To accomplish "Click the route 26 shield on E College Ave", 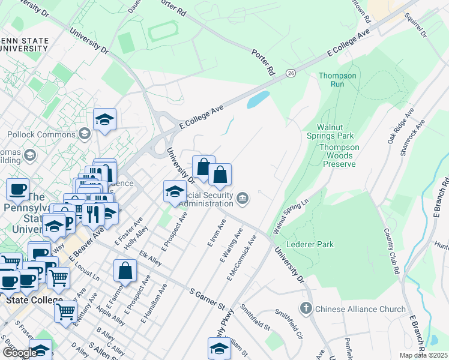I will (291, 73).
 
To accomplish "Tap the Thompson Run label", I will (337, 80).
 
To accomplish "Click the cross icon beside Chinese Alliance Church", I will (306, 309).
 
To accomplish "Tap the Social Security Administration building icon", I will (242, 198).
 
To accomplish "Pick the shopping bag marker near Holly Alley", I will (125, 271).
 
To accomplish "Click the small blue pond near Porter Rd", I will (258, 99).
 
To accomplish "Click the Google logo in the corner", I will (20, 353).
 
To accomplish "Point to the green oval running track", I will (163, 32).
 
